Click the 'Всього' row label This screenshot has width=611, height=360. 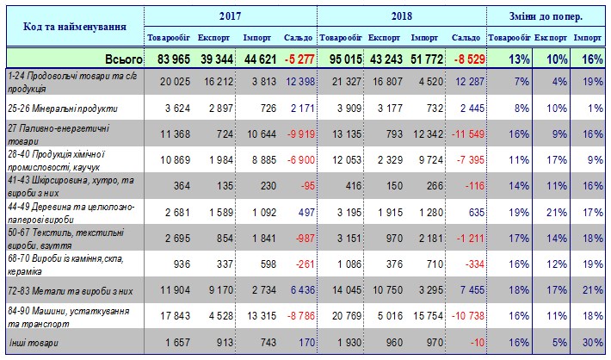(x=124, y=59)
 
